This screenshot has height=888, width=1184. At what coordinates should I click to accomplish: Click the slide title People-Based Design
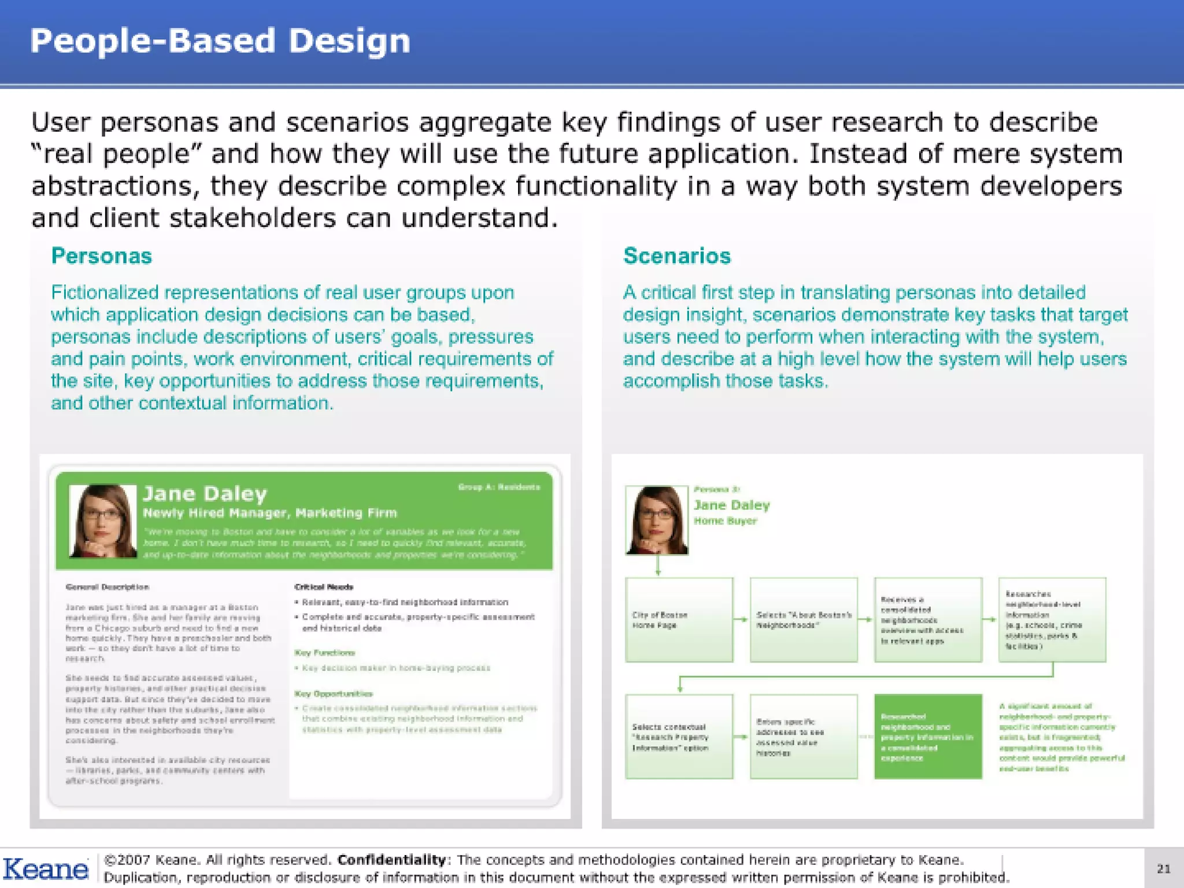[220, 42]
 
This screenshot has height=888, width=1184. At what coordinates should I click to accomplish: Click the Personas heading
[101, 256]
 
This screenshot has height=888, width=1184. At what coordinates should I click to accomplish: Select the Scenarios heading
[676, 256]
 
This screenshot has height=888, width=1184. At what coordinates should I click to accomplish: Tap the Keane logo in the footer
[45, 869]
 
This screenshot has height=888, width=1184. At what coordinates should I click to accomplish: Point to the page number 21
[1163, 868]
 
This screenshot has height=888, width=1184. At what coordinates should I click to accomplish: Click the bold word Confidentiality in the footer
[391, 860]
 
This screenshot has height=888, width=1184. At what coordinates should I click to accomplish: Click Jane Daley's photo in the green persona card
[102, 521]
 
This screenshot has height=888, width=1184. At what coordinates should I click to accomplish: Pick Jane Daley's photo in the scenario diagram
[657, 520]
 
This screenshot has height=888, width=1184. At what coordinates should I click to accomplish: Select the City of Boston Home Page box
[679, 620]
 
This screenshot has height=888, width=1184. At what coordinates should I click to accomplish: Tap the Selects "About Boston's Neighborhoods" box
[804, 620]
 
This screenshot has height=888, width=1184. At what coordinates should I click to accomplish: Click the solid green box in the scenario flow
[928, 737]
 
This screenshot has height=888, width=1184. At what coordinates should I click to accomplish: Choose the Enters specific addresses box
[804, 737]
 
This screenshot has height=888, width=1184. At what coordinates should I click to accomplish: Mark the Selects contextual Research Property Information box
[679, 737]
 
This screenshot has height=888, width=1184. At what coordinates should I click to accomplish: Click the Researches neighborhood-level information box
[1052, 620]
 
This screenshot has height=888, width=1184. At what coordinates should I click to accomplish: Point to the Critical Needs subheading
[324, 587]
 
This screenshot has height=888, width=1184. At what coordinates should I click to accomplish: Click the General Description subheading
[108, 587]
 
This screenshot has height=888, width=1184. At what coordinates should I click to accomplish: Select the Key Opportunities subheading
[334, 693]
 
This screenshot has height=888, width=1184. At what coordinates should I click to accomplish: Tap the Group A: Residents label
[499, 487]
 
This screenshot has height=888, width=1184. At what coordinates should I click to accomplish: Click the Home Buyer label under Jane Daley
[725, 521]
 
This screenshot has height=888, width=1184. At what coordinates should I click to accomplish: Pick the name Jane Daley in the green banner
[205, 494]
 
